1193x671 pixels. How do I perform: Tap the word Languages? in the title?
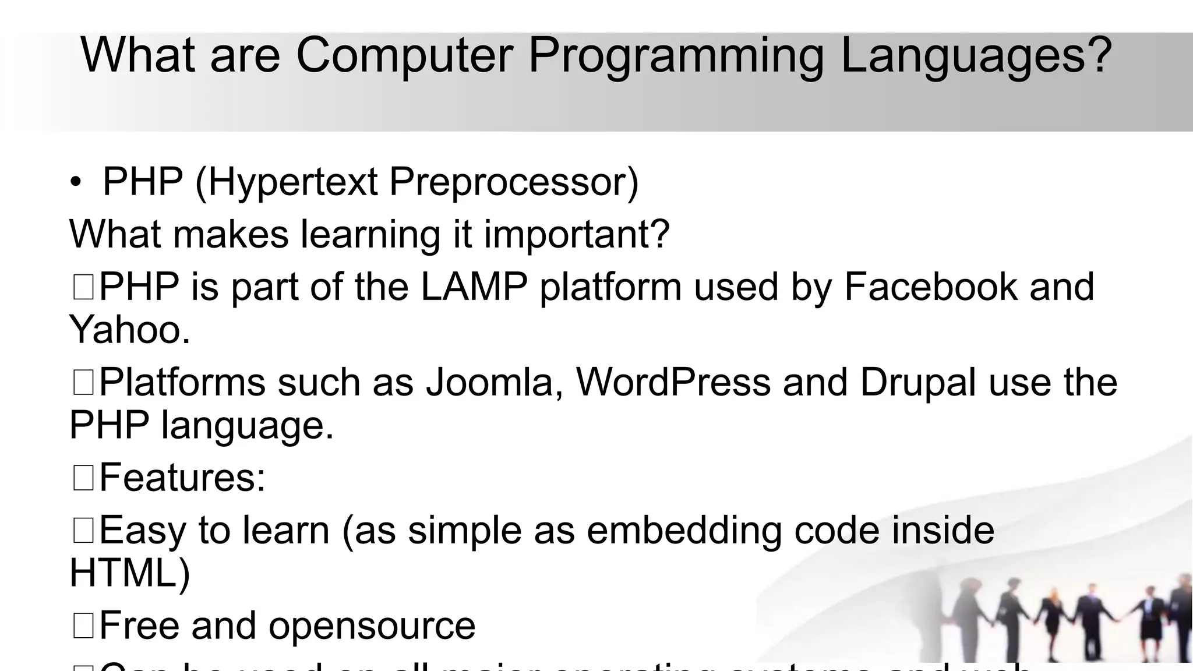976,55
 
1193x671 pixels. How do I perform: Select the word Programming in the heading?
676,55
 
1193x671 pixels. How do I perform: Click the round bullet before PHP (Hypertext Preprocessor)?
76,183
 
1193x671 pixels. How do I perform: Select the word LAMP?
474,287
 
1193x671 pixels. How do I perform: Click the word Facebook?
930,287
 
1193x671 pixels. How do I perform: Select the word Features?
182,478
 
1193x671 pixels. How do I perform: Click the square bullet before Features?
83,478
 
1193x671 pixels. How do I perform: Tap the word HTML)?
129,573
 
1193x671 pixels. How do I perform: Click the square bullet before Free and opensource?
83,626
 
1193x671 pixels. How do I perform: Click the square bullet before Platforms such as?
83,383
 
